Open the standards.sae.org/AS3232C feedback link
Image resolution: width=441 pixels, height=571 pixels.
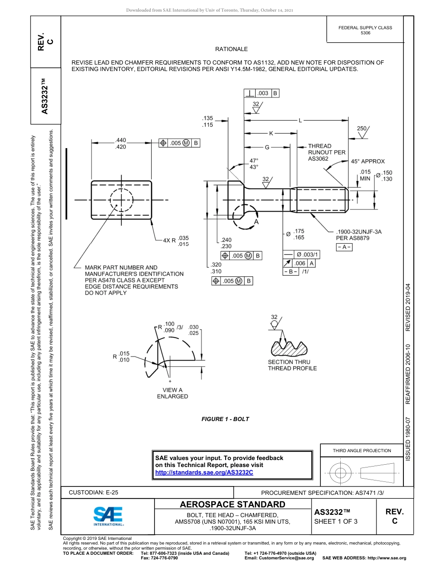tap(204, 472)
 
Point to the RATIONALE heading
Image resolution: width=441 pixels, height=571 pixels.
tap(231, 49)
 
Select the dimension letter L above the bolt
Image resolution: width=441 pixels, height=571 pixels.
tap(300, 121)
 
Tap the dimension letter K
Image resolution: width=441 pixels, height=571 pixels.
tap(271, 134)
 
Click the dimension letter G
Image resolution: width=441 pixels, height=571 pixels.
tap(267, 148)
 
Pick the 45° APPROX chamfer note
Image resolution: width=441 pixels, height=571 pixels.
tap(368, 162)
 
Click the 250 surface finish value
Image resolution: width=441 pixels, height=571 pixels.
tap(362, 128)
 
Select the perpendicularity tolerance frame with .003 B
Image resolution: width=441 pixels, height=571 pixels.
tap(261, 93)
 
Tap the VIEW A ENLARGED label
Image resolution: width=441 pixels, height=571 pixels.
tap(172, 393)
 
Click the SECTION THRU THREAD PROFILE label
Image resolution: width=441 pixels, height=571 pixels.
tap(292, 365)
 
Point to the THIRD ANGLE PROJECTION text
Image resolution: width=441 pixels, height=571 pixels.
tap(362, 450)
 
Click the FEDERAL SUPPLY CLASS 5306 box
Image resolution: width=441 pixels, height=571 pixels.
tap(365, 31)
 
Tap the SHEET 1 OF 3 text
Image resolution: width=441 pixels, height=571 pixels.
tap(336, 521)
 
